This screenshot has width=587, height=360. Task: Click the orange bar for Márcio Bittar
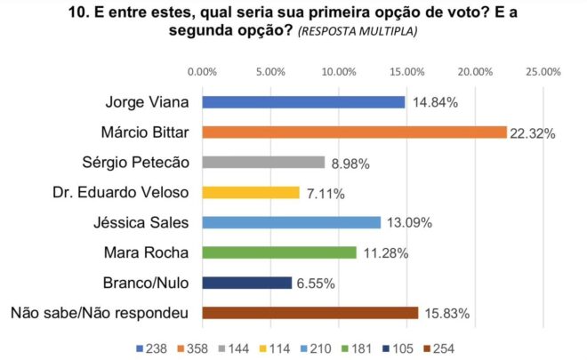354,132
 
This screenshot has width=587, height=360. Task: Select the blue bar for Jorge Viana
303,102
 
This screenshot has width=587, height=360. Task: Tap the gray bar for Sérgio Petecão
263,163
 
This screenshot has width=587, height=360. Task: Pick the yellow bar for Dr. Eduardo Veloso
251,192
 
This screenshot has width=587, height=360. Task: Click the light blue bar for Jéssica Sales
292,222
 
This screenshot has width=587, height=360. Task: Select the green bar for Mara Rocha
279,252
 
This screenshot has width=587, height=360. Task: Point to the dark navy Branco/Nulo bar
247,283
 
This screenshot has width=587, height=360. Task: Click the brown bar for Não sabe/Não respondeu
310,313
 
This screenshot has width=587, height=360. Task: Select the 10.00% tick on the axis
339,71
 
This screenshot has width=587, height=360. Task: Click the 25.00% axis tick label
543,71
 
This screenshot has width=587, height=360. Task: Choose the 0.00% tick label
203,71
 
